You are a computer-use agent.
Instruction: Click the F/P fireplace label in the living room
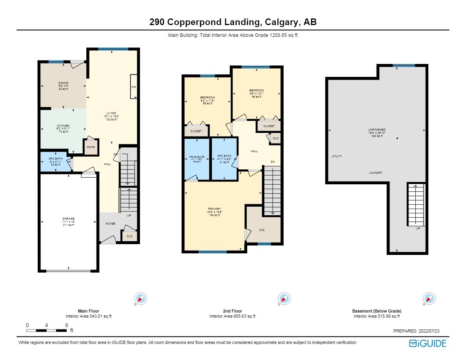point(133,87)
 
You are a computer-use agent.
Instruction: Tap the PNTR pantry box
point(91,147)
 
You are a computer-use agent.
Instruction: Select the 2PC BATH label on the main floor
point(54,160)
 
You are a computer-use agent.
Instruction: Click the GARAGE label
point(69,218)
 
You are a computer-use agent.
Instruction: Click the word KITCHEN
point(64,125)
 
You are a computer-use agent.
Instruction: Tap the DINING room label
point(63,83)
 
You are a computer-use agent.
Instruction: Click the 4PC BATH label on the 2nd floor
point(224,156)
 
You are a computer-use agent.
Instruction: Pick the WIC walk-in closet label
point(262,230)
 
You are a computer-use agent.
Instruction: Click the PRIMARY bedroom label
point(215,209)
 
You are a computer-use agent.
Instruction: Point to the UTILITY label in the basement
point(337,156)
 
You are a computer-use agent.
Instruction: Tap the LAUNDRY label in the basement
point(376,173)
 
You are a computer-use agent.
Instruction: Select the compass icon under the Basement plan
point(429,298)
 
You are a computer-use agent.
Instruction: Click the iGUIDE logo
point(428,344)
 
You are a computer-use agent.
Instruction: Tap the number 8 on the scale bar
point(67,325)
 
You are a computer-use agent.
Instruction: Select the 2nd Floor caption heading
point(232,311)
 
